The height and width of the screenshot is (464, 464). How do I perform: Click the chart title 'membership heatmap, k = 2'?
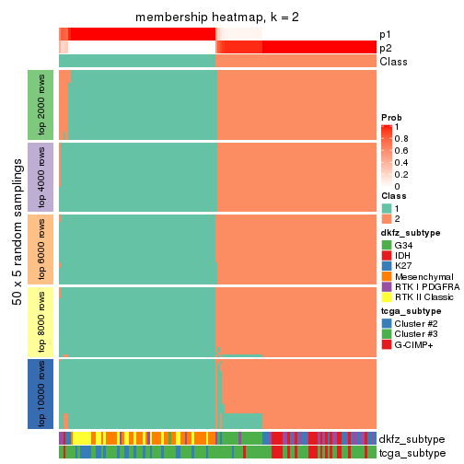217,17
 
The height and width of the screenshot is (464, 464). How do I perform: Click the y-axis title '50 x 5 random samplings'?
16,249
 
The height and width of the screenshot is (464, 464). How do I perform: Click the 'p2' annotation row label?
386,48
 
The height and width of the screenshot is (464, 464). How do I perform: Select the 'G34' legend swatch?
387,246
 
